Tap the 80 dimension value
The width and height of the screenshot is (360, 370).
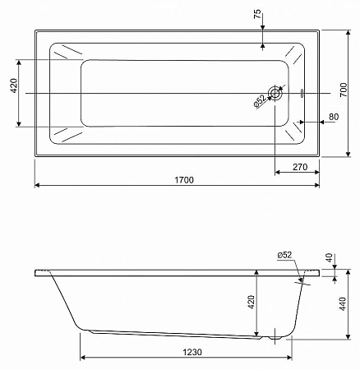332,118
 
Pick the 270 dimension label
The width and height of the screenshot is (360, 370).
300,167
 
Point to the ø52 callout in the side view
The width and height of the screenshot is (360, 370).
284,255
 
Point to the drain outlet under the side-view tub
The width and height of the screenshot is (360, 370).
275,335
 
